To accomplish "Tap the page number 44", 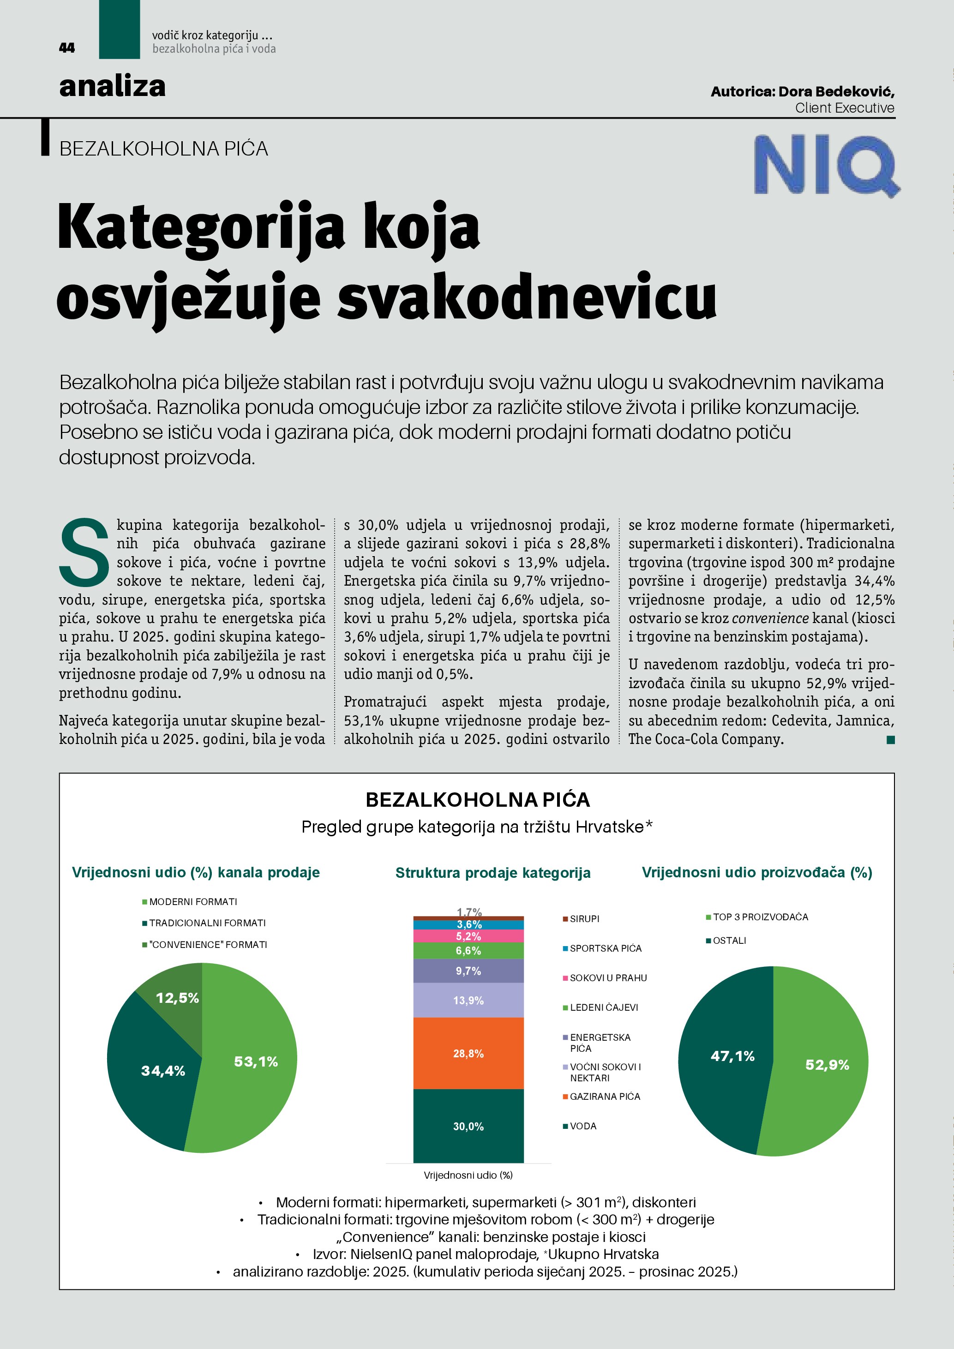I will coord(67,48).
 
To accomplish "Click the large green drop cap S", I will coord(84,552).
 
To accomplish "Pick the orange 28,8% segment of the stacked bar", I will coord(468,1054).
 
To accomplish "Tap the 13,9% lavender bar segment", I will coord(468,1000).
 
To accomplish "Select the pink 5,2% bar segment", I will coord(468,936).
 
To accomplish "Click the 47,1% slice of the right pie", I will coord(728,1058).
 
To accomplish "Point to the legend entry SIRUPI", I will coord(584,918).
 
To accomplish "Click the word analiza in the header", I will coord(112,86).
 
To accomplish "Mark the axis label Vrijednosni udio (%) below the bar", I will coord(468,1175).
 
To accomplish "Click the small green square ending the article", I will coord(891,740).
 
